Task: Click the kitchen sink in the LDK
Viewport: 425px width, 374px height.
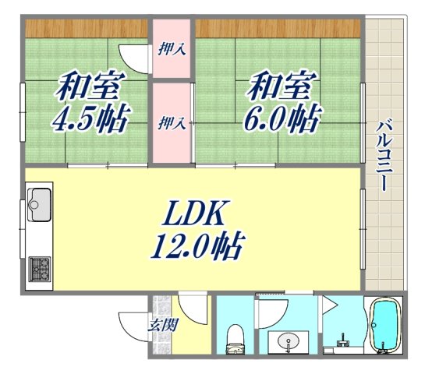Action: click(x=39, y=205)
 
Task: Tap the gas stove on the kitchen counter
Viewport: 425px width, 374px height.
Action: click(x=39, y=270)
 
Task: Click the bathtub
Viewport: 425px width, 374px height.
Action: click(x=384, y=330)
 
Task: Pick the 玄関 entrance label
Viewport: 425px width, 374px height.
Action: click(x=161, y=326)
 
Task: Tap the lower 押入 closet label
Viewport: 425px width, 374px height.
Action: click(x=172, y=122)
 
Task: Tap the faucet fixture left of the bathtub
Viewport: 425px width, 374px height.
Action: click(x=343, y=340)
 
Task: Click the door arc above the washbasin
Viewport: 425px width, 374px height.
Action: click(x=271, y=312)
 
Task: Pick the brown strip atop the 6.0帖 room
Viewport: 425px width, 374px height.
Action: click(x=278, y=28)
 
